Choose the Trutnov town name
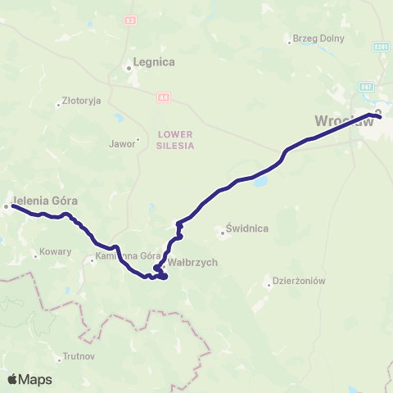point(79,357)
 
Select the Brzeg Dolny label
point(315,38)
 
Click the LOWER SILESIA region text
point(175,140)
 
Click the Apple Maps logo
point(29,379)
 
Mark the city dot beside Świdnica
point(223,233)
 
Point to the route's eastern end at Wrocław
point(380,115)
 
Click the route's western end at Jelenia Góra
point(13,206)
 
